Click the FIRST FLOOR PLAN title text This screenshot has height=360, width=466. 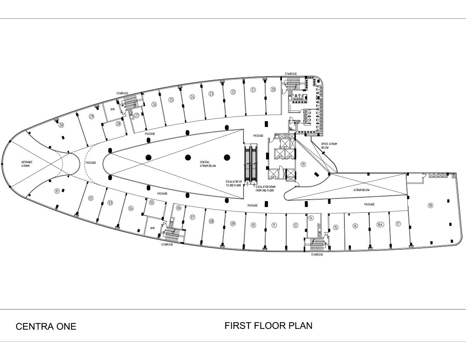(x=268, y=325)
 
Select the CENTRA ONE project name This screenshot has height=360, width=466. (x=46, y=327)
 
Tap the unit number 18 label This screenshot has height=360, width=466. (x=430, y=205)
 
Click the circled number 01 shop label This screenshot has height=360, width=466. (x=57, y=191)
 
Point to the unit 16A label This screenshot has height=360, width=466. (x=380, y=224)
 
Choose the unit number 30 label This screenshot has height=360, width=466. (x=61, y=125)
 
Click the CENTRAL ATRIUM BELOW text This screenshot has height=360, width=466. (x=208, y=164)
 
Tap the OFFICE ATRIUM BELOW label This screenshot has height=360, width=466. (x=329, y=146)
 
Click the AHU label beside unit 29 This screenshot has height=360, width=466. (x=113, y=109)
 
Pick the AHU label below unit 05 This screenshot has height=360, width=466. (x=152, y=228)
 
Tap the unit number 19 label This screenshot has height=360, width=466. (x=303, y=164)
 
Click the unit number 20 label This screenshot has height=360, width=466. (x=273, y=89)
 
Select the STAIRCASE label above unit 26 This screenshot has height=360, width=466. (x=122, y=93)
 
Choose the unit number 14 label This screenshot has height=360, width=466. (x=311, y=218)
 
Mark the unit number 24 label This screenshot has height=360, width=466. (x=192, y=97)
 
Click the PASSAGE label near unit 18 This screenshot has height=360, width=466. (x=369, y=204)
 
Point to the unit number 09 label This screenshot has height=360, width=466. (x=233, y=223)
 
